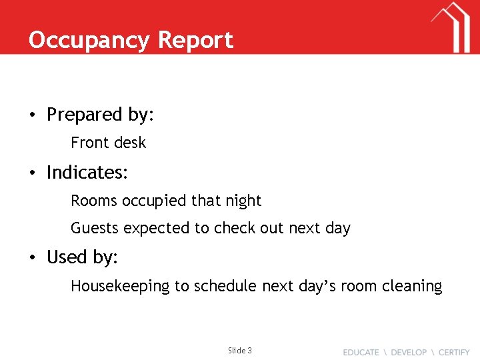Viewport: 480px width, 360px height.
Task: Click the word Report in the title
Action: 195,40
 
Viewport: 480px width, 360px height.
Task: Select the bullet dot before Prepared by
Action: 32,115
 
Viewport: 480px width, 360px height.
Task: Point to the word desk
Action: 130,143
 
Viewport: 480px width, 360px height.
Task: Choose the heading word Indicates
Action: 87,173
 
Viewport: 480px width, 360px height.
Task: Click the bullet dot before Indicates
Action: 32,173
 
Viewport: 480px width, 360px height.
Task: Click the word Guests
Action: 95,228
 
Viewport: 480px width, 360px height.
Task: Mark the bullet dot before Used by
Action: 32,258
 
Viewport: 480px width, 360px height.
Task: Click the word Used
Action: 65,257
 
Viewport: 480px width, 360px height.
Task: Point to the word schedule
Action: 224,287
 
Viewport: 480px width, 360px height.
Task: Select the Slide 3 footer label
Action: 240,351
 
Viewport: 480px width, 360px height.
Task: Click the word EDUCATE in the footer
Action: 361,352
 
